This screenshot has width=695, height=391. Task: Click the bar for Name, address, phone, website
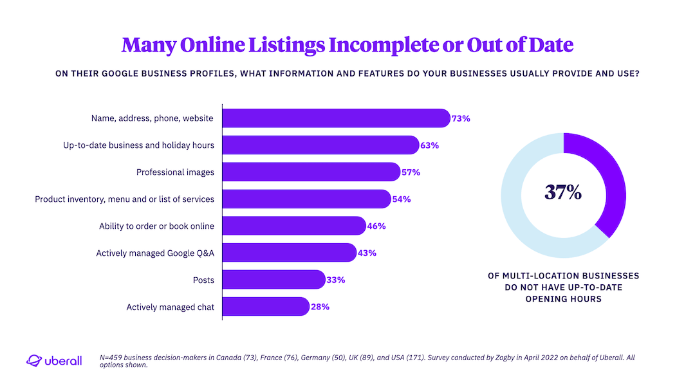click(335, 118)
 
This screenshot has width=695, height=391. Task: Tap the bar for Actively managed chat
click(265, 307)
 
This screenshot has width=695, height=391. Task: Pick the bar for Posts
click(273, 280)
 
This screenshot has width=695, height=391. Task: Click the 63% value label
click(430, 145)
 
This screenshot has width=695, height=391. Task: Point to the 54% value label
click(402, 199)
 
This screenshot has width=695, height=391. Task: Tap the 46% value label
click(376, 226)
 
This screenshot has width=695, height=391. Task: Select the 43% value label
click(367, 253)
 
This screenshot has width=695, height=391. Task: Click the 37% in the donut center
click(563, 192)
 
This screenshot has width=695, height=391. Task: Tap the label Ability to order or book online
click(156, 226)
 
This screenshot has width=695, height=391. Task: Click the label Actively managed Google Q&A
click(155, 253)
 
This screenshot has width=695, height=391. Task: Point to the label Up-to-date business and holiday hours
click(138, 145)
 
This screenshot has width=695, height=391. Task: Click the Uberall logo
click(54, 361)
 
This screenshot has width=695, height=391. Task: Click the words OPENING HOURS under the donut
click(563, 299)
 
